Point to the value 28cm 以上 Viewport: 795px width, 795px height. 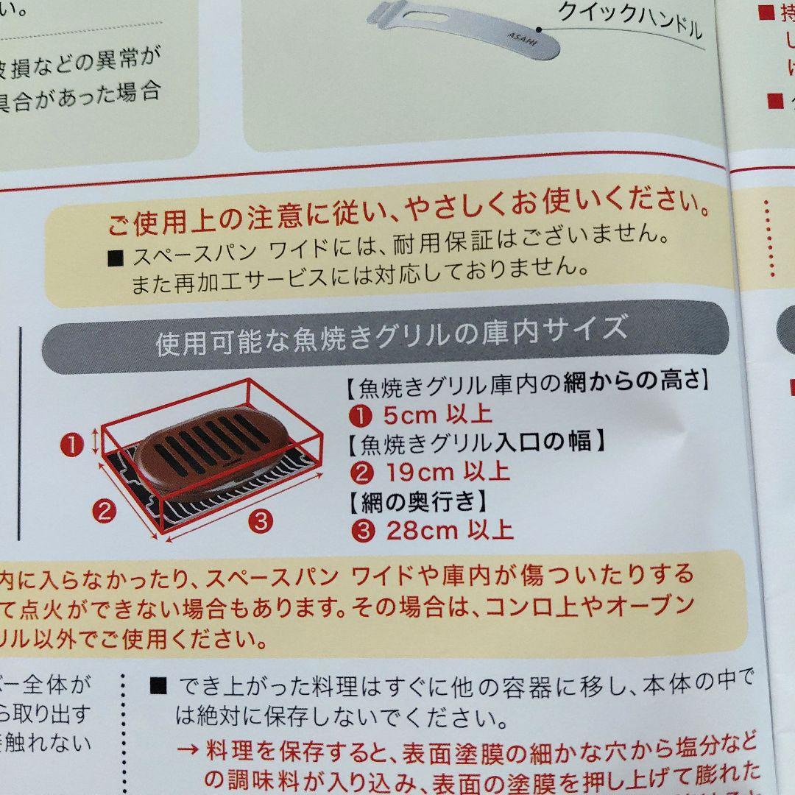point(449,529)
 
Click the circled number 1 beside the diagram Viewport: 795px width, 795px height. point(73,444)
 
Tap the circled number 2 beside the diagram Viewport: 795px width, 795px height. point(105,510)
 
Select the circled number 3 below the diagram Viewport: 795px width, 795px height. point(260,522)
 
